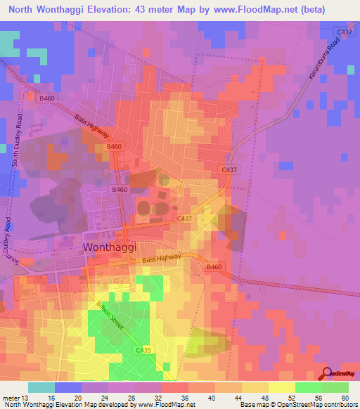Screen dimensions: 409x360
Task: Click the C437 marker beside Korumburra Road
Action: (344, 32)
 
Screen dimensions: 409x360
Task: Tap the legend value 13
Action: (27, 397)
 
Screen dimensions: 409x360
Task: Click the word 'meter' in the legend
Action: (11, 397)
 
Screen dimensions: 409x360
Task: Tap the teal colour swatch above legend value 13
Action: (41, 387)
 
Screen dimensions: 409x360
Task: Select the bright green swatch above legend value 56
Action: (308, 387)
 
